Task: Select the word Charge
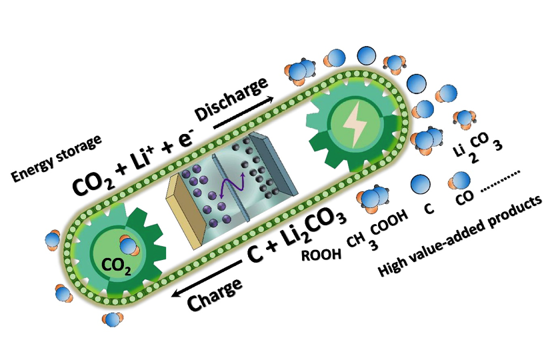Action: [214, 293]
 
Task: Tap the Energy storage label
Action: [56, 158]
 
